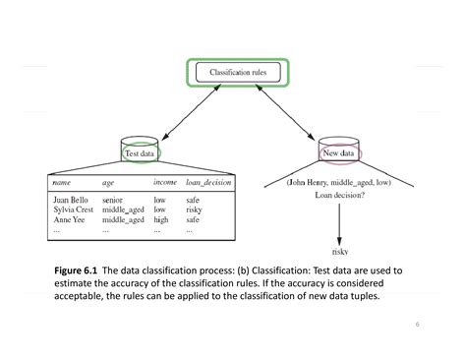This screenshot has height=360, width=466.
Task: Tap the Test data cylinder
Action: [x=139, y=153]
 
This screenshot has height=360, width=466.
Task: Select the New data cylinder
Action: [x=341, y=153]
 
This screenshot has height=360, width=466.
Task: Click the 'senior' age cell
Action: [x=112, y=200]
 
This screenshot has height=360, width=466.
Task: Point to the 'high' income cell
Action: [x=161, y=220]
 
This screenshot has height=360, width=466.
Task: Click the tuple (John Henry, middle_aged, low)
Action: [x=340, y=183]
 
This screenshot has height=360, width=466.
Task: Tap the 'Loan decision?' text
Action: [x=341, y=196]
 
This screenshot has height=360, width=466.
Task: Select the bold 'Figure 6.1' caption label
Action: [x=77, y=269]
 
